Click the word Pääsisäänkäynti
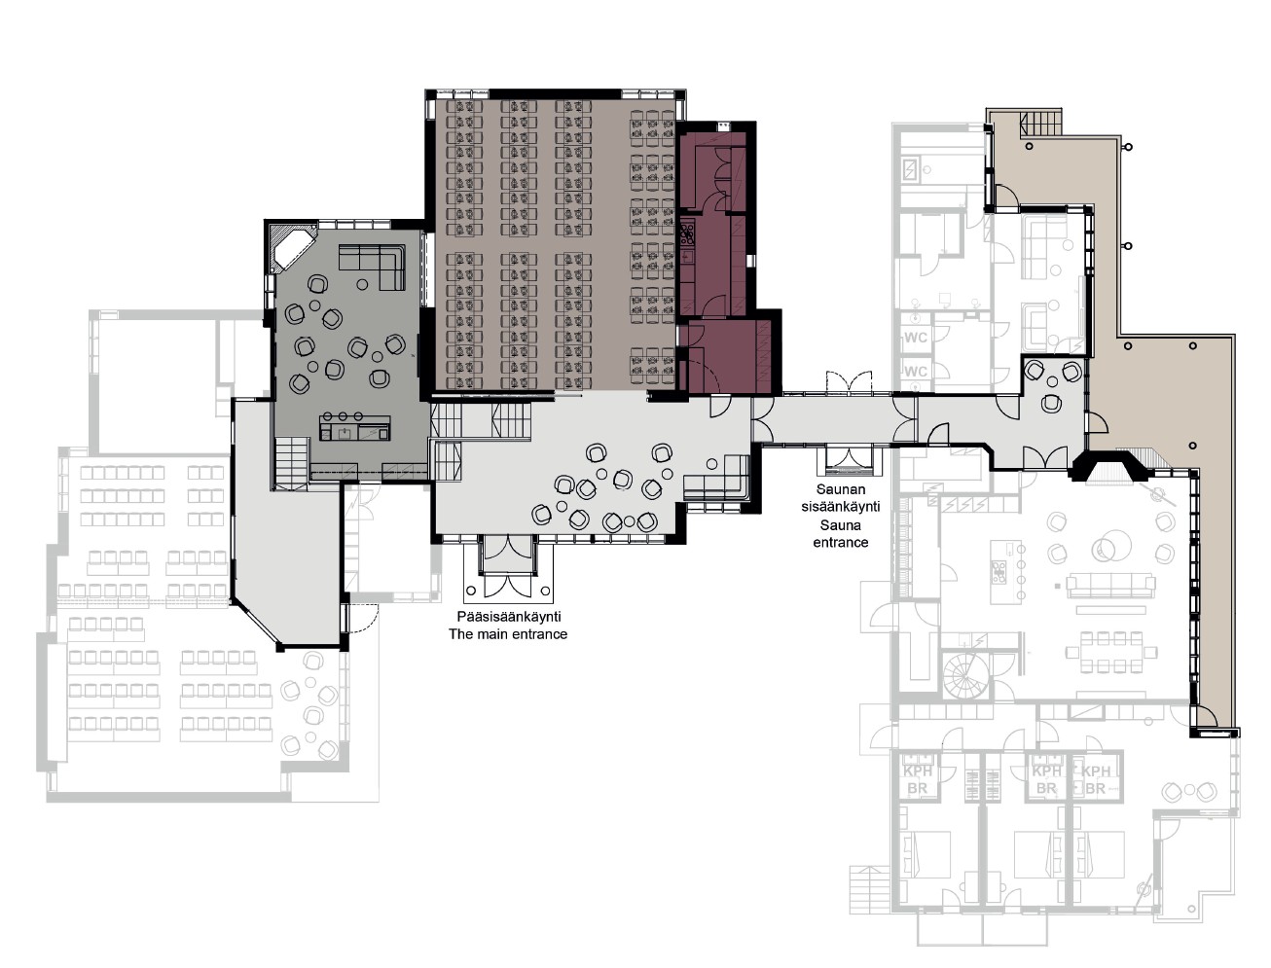(x=508, y=616)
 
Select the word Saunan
(x=840, y=489)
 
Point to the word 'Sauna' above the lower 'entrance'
(x=840, y=525)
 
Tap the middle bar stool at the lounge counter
(x=343, y=416)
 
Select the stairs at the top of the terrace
(x=1041, y=122)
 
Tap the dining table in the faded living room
(x=1105, y=653)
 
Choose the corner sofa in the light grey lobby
(x=717, y=478)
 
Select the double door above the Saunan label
(x=849, y=382)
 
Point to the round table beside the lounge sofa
(x=362, y=284)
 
